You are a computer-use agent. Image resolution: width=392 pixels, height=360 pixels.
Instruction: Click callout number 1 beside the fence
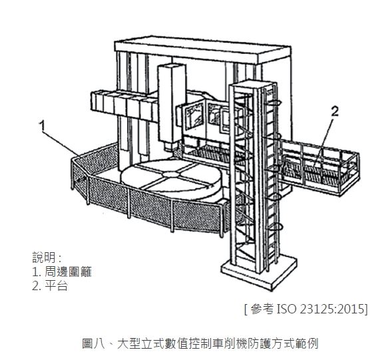pos(43,126)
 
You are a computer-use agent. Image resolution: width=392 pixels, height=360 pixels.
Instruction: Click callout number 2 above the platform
pos(335,112)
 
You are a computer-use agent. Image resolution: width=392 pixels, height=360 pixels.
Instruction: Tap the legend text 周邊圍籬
pos(69,271)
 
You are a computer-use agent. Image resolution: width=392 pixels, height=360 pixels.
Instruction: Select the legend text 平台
pos(57,285)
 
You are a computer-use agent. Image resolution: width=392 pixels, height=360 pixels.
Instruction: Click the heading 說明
pos(43,258)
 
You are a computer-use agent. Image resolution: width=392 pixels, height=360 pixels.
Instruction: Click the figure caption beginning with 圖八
pos(200,343)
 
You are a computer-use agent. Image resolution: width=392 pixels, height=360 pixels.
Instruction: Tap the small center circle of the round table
pos(171,174)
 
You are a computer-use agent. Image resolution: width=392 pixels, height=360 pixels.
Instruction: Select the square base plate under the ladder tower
pos(259,273)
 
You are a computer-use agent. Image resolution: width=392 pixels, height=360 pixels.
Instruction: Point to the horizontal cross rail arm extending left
pos(124,106)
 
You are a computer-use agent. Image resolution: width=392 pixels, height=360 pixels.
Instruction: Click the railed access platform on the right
pos(321,168)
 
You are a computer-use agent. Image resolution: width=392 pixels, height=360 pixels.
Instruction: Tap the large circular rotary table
pos(171,180)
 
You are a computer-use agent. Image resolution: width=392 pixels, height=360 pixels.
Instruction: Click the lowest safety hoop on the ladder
pos(274,227)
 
